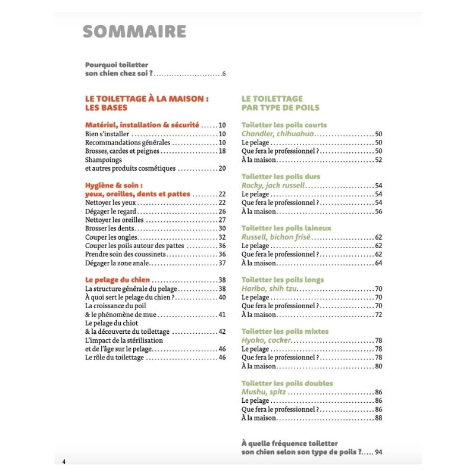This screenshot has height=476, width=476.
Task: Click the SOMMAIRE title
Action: [134, 32]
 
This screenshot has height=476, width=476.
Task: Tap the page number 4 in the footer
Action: [64, 462]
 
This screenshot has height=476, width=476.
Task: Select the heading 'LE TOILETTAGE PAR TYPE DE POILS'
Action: [280, 103]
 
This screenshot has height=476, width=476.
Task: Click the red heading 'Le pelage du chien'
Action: [117, 280]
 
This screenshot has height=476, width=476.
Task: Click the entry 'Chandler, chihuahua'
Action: [277, 134]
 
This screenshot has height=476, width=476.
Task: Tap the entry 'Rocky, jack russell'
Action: [273, 186]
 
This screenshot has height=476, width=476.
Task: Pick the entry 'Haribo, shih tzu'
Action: [270, 289]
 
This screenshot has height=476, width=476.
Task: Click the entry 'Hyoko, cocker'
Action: [266, 340]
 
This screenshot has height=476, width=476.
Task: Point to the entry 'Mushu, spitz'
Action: [264, 392]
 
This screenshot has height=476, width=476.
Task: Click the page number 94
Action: [378, 452]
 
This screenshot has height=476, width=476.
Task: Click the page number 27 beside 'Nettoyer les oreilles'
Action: [222, 220]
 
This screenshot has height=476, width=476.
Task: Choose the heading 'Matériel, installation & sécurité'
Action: [142, 125]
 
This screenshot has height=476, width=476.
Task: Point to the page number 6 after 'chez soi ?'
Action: [224, 74]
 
